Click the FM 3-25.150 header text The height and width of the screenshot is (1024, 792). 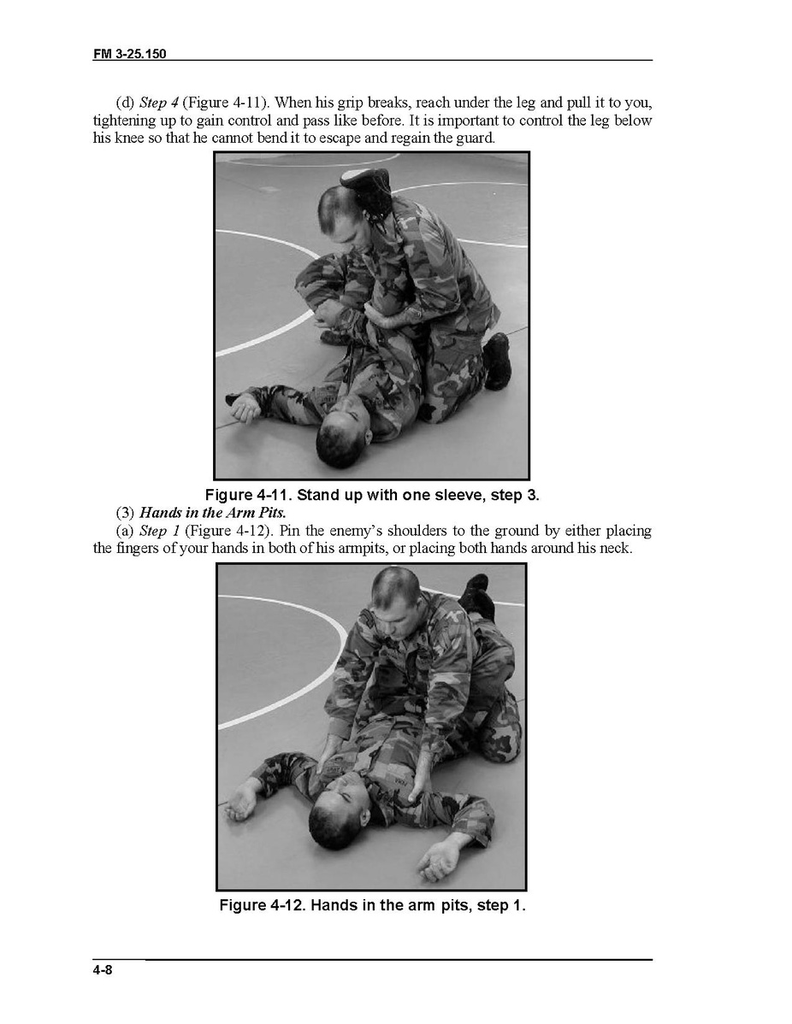(129, 54)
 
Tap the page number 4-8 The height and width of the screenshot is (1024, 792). (103, 970)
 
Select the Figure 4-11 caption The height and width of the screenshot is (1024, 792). (372, 494)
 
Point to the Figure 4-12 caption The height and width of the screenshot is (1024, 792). (372, 905)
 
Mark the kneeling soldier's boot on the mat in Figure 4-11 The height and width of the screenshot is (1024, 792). (498, 362)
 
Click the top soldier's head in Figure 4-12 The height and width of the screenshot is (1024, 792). (394, 596)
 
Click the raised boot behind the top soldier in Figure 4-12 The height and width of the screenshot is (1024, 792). (475, 594)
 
